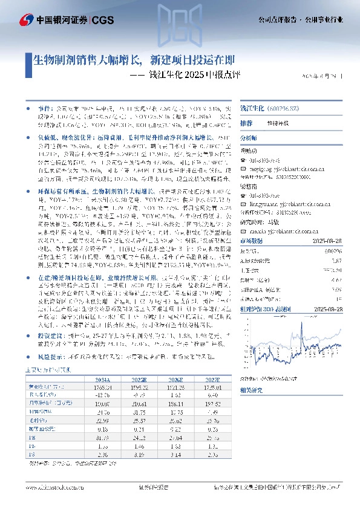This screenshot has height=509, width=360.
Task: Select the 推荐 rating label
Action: click(246, 123)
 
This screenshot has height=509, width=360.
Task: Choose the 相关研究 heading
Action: click(251, 389)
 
